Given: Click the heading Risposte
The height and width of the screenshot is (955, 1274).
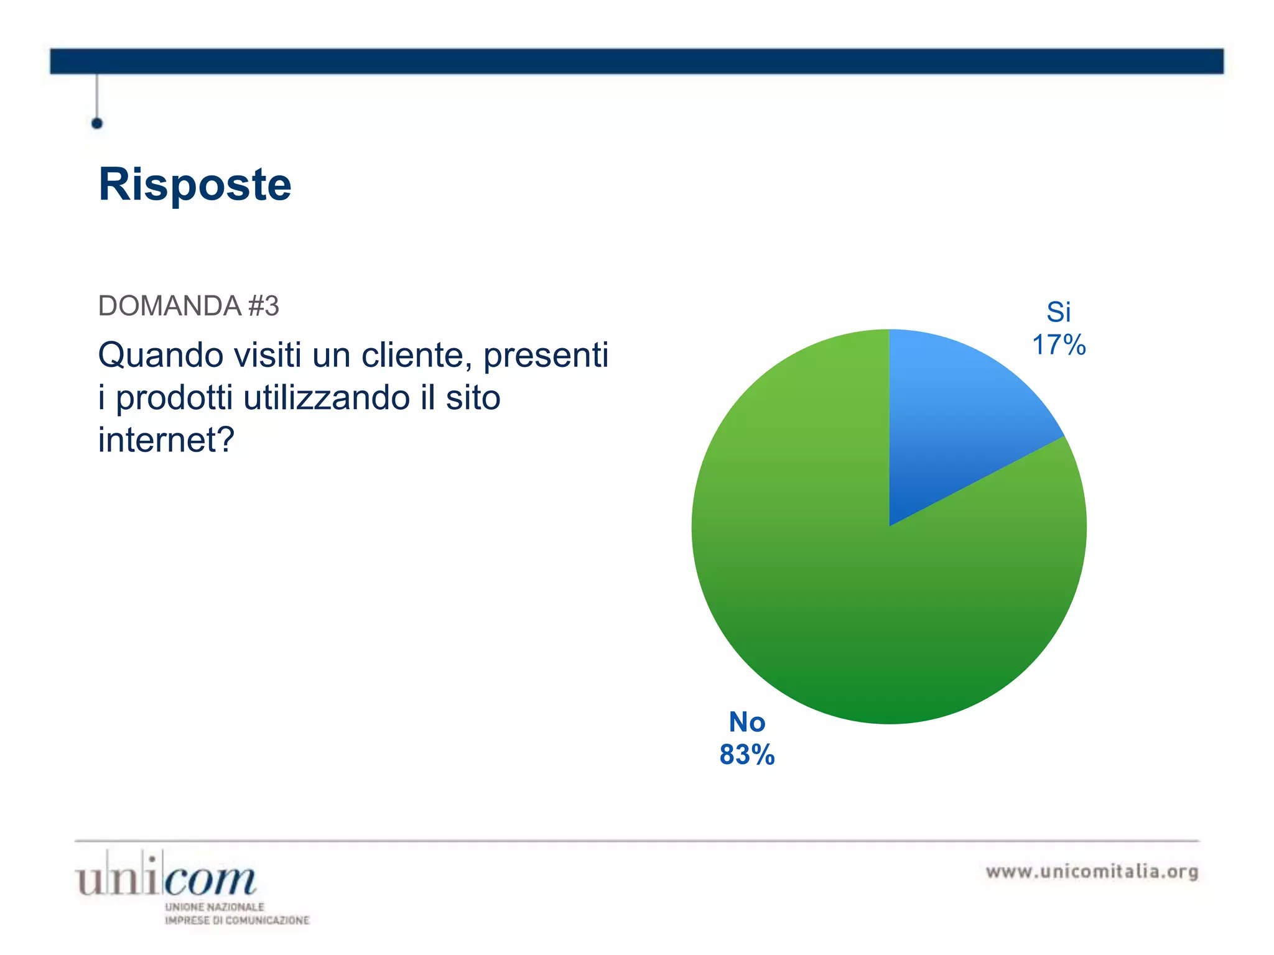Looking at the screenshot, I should pyautogui.click(x=195, y=185).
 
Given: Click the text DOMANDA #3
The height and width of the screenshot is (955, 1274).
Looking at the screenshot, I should pyautogui.click(x=188, y=306).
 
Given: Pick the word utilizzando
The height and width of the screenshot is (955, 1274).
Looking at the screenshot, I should pyautogui.click(x=327, y=398).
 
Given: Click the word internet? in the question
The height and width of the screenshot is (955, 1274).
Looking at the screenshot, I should pyautogui.click(x=166, y=440).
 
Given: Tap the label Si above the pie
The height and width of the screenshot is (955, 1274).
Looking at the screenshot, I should pyautogui.click(x=1058, y=312).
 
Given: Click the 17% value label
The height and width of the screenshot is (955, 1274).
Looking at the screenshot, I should pyautogui.click(x=1058, y=345).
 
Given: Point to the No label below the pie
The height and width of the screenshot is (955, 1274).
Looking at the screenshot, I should pyautogui.click(x=746, y=722).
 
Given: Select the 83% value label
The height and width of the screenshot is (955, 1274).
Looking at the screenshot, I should pyautogui.click(x=746, y=755).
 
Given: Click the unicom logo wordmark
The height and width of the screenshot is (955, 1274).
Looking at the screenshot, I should pyautogui.click(x=165, y=877).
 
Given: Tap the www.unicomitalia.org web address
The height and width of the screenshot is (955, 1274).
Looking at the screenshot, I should pyautogui.click(x=1092, y=872).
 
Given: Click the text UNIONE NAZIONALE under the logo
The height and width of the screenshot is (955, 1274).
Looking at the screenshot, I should pyautogui.click(x=215, y=907).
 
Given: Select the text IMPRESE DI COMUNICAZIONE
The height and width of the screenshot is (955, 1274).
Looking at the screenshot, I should pyautogui.click(x=237, y=920).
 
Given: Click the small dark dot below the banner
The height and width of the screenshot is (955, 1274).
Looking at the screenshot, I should pyautogui.click(x=97, y=123).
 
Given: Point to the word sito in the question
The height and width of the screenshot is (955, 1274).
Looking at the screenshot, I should pyautogui.click(x=473, y=398).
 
